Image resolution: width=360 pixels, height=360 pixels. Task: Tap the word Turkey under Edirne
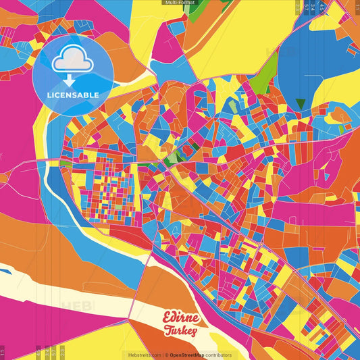tap(180, 332)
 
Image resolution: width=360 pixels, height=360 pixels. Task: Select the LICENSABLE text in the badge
tap(73, 94)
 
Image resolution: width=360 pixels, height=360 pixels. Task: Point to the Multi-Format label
tap(180, 3)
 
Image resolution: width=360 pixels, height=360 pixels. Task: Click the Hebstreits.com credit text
tap(141, 355)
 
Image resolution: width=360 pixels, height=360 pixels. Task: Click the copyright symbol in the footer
tap(165, 355)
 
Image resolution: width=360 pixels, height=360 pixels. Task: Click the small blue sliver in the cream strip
tap(5, 272)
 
